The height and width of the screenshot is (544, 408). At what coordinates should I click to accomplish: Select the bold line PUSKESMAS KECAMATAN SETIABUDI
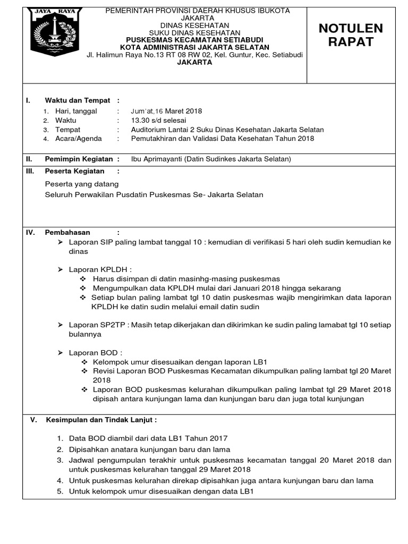(197, 40)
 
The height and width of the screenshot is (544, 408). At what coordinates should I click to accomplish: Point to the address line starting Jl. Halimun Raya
(197, 55)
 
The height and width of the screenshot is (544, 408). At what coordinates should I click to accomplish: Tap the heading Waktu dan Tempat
(78, 100)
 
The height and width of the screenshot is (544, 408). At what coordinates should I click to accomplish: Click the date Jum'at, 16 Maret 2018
(166, 111)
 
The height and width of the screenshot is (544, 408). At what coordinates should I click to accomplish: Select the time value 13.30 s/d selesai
(158, 121)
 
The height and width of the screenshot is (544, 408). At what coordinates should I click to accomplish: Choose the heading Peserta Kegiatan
(75, 171)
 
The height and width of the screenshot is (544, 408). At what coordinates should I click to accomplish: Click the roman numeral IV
(30, 232)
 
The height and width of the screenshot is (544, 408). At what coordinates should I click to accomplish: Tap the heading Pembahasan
(67, 232)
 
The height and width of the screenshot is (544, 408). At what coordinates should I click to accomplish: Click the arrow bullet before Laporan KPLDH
(61, 269)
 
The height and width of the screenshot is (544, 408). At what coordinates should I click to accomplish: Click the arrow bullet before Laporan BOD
(61, 352)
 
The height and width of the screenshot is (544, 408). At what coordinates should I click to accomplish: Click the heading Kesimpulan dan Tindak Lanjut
(101, 420)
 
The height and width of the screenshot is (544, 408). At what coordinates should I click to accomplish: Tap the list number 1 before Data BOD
(60, 438)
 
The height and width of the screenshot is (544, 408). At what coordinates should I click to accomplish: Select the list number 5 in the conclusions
(60, 491)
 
